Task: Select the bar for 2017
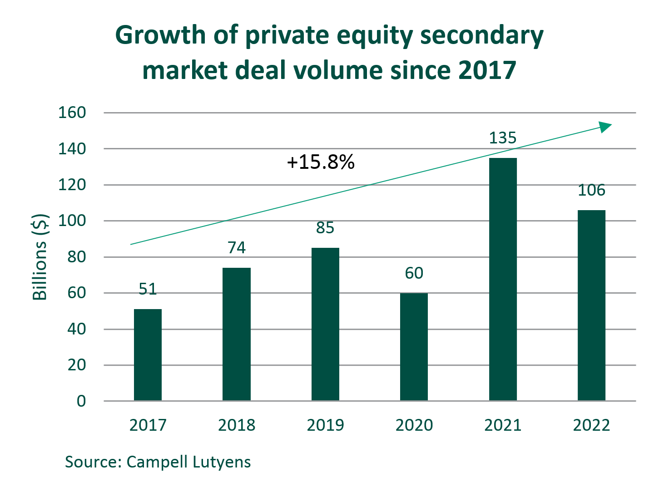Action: pyautogui.click(x=148, y=355)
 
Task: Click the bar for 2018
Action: pyautogui.click(x=237, y=334)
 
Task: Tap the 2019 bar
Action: pyautogui.click(x=325, y=324)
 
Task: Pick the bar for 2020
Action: pyautogui.click(x=414, y=347)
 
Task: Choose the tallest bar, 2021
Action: pyautogui.click(x=503, y=279)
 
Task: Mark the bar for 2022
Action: pyautogui.click(x=591, y=305)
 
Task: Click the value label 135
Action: pyautogui.click(x=503, y=138)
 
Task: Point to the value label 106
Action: pyautogui.click(x=591, y=190)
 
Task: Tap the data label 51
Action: pyautogui.click(x=148, y=289)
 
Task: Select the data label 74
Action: pyautogui.click(x=237, y=248)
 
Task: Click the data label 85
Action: pyautogui.click(x=325, y=228)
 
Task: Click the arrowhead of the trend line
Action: pyautogui.click(x=605, y=127)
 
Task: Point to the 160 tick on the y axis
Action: pyautogui.click(x=72, y=113)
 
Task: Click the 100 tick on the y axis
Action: pyautogui.click(x=72, y=221)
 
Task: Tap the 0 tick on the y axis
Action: pyautogui.click(x=81, y=401)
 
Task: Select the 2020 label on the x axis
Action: pyautogui.click(x=414, y=425)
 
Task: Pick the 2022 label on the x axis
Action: pyautogui.click(x=591, y=425)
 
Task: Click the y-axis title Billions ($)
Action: pyautogui.click(x=40, y=257)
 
